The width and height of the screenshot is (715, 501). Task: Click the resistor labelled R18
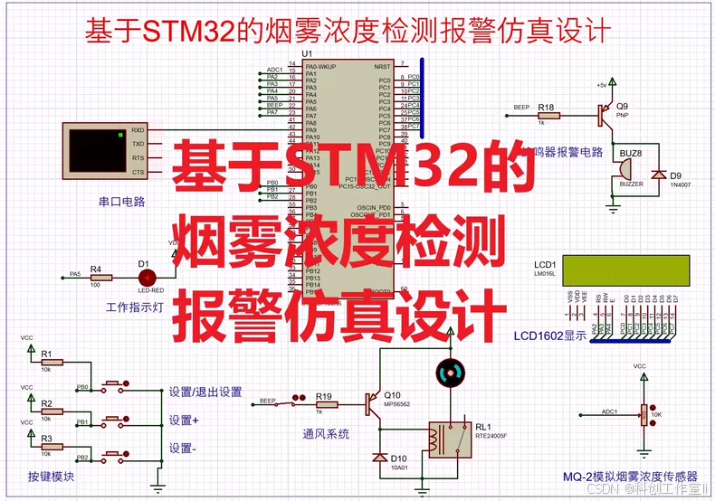coord(547,115)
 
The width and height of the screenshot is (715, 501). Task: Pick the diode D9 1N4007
coord(660,175)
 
